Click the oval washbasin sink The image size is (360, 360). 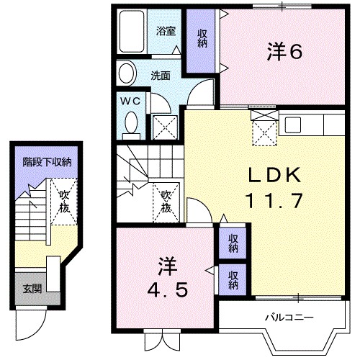tap(127, 73)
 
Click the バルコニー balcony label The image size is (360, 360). tap(288, 316)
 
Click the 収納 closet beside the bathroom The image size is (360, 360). tap(202, 40)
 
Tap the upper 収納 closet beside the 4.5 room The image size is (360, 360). tap(233, 243)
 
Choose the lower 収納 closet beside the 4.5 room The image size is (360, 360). tap(233, 279)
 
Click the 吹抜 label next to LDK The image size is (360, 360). tap(166, 199)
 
